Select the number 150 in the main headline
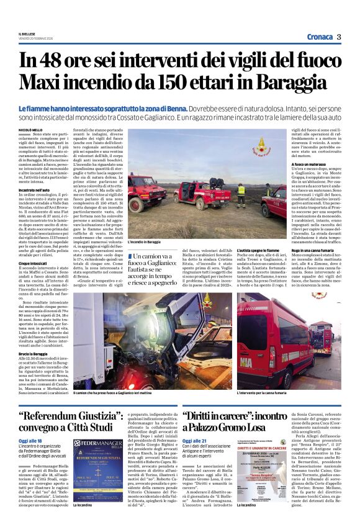tap(173, 82)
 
